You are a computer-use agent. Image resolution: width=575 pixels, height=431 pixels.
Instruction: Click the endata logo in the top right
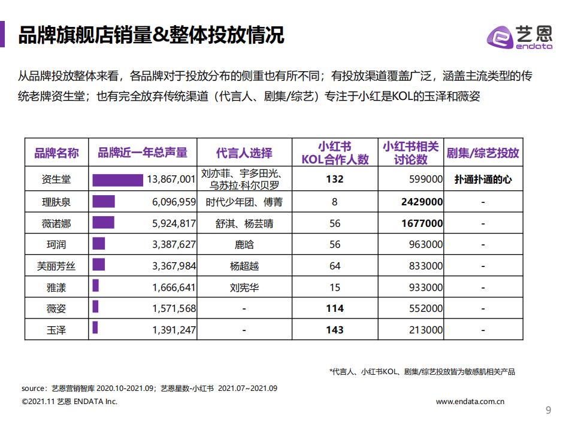[x=519, y=37]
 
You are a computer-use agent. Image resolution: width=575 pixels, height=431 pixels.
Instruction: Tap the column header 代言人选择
[x=244, y=153]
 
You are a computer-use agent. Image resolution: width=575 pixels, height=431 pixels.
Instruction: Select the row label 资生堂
[x=56, y=179]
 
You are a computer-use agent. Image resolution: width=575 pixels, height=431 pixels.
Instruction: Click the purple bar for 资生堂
[x=117, y=179]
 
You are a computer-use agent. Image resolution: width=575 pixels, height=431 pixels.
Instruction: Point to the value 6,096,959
[x=174, y=202]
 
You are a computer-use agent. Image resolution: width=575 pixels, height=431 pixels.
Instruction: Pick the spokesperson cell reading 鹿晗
[x=244, y=244]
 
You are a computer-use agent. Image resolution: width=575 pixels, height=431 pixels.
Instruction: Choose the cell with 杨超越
[x=244, y=266]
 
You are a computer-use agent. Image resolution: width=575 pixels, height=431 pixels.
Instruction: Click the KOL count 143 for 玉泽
[x=335, y=329]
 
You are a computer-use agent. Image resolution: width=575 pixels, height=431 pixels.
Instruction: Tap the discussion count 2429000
[x=422, y=202]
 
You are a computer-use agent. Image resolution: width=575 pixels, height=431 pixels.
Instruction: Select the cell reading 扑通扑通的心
[x=483, y=179]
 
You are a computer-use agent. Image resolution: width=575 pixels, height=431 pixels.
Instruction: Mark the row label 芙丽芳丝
[x=56, y=266]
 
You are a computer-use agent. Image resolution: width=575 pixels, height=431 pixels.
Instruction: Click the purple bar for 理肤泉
[x=104, y=202]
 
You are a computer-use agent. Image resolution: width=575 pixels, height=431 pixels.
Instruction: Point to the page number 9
[x=548, y=410]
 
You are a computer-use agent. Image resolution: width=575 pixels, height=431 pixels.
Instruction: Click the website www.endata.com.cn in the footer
[x=470, y=402]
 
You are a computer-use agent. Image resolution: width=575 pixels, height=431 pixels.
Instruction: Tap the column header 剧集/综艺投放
[x=483, y=153]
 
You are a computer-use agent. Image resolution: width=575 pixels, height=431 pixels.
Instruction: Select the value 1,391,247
[x=174, y=329]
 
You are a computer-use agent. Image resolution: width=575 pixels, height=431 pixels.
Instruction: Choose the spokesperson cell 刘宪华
[x=244, y=287]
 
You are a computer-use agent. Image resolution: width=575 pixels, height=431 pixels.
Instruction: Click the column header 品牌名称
[x=56, y=153]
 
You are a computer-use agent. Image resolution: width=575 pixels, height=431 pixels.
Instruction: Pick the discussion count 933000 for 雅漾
[x=422, y=287]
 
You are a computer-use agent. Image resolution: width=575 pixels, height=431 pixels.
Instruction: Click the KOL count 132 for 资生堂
[x=335, y=179]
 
